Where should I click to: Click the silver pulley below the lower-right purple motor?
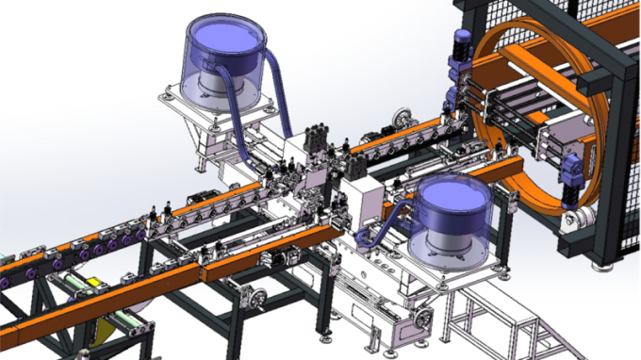[x=576, y=220]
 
